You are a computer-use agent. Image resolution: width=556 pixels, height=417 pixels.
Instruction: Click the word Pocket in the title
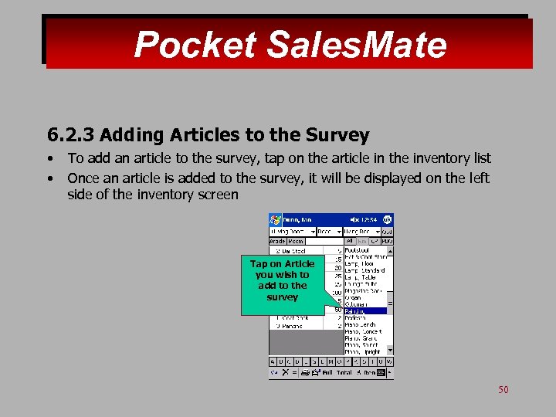pos(195,45)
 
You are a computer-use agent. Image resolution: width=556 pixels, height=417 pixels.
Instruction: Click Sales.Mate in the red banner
pos(356,45)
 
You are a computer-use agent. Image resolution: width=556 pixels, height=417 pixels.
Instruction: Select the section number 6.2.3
pos(70,136)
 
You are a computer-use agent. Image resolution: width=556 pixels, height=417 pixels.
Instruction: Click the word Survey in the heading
pos(337,136)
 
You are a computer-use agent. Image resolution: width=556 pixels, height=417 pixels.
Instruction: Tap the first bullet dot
pos(49,159)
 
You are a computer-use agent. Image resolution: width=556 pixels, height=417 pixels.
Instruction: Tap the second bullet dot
pos(49,178)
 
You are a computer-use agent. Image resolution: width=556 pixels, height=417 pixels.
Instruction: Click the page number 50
pos(503,390)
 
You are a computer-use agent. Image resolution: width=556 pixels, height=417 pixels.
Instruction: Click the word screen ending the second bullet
pos(219,195)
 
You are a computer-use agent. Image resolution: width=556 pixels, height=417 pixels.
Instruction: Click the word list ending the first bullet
pos(480,158)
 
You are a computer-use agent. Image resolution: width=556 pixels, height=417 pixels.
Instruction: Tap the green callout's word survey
pos(282,297)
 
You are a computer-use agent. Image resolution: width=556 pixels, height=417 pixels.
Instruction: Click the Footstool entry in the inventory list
pos(360,250)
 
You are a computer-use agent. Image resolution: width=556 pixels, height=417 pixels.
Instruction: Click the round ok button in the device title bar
pos(388,219)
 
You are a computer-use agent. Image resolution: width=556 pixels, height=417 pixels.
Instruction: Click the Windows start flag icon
pos(275,219)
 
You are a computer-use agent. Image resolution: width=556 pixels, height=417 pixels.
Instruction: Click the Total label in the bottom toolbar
pos(344,372)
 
